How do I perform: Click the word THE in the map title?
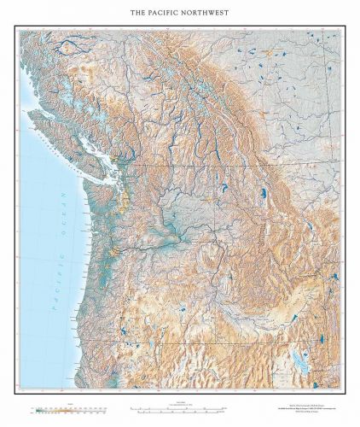(137, 14)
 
